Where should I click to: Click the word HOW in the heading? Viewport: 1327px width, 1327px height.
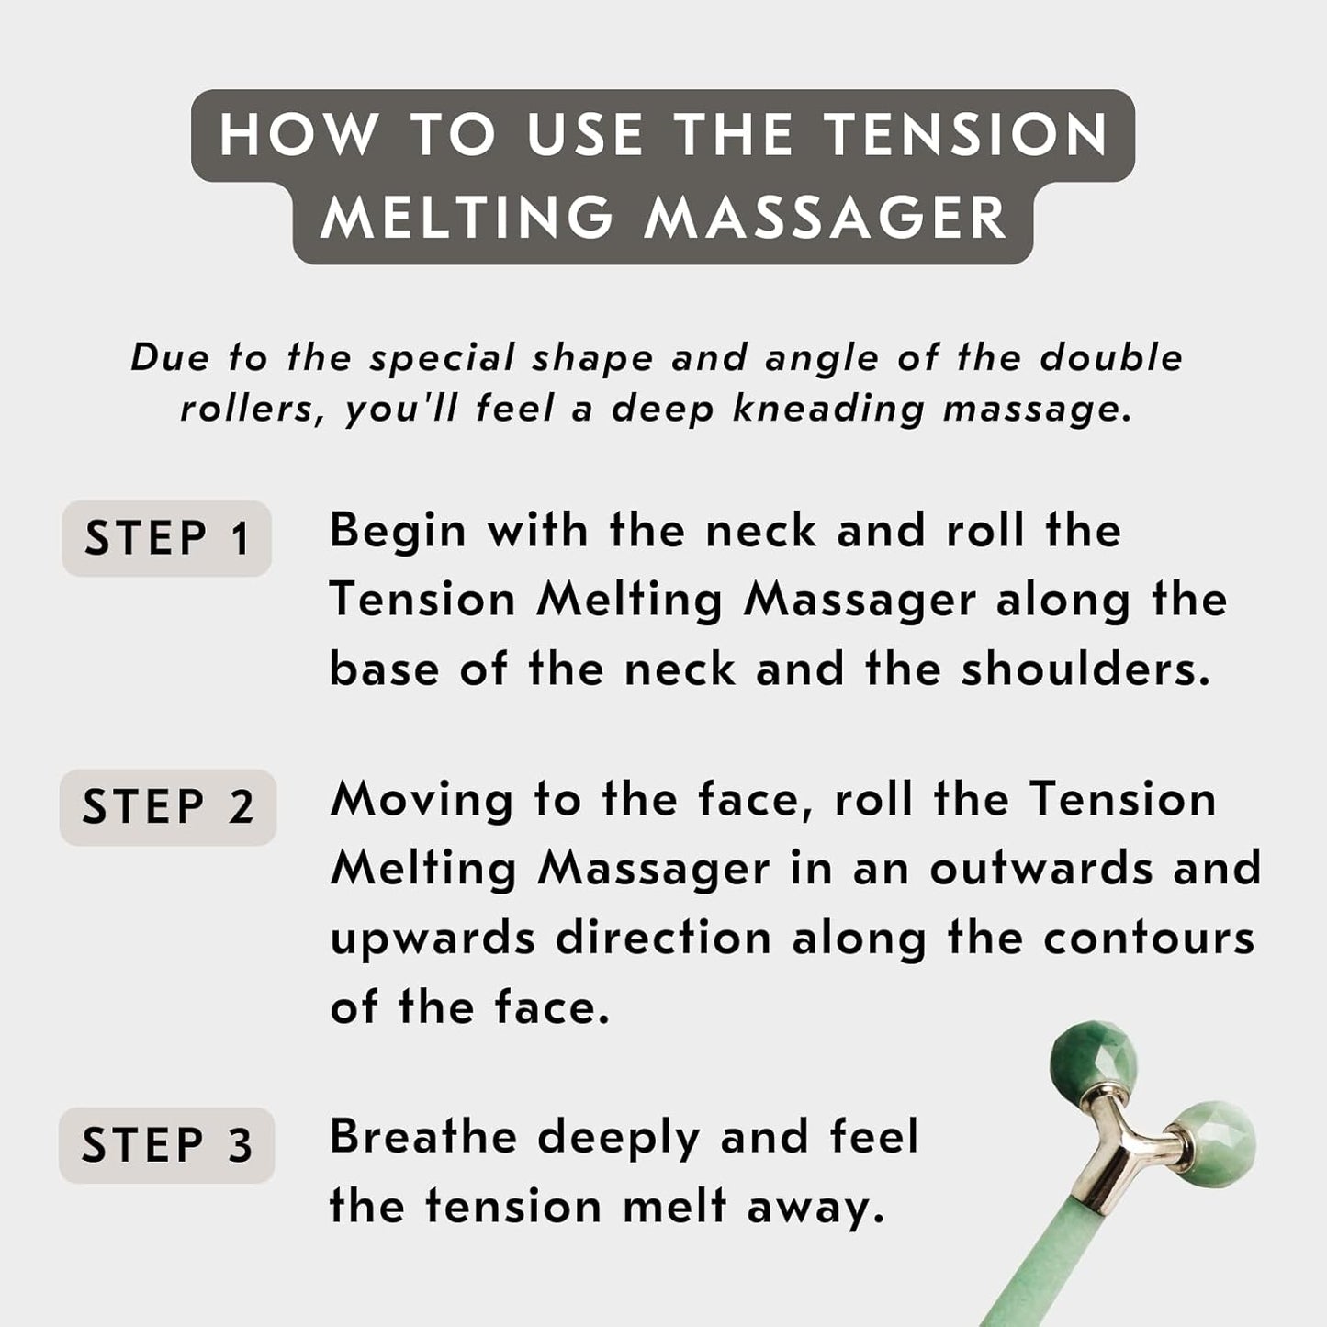tap(298, 135)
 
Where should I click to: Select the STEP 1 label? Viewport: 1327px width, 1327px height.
tap(166, 538)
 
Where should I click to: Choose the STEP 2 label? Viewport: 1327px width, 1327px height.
tap(168, 807)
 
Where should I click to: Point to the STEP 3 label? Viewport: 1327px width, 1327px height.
tap(166, 1145)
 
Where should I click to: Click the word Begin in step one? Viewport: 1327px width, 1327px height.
tap(398, 532)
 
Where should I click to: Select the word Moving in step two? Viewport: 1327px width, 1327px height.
tap(422, 801)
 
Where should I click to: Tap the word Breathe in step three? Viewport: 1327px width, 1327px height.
tap(423, 1137)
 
